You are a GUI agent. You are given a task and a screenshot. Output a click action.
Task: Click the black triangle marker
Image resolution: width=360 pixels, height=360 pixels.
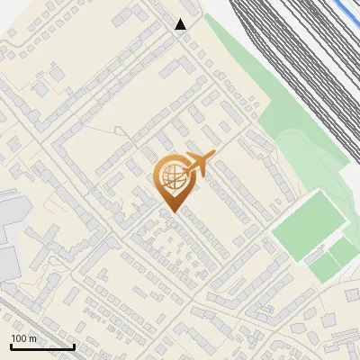pyautogui.click(x=181, y=24)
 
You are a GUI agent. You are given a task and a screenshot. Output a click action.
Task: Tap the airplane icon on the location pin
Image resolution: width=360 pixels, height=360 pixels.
pyautogui.click(x=197, y=165)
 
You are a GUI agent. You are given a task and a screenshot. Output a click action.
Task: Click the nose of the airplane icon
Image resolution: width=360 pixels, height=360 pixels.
pyautogui.click(x=213, y=156)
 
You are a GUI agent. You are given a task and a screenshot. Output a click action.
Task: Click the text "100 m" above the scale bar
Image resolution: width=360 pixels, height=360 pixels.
pyautogui.click(x=23, y=339)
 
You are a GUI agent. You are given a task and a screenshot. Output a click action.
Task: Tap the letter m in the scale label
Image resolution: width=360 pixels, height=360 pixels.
pyautogui.click(x=33, y=339)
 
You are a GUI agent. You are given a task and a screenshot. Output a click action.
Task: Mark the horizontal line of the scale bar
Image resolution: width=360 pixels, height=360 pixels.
pyautogui.click(x=42, y=347)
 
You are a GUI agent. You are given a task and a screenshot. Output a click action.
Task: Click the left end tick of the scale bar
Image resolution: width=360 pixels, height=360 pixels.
pyautogui.click(x=11, y=346)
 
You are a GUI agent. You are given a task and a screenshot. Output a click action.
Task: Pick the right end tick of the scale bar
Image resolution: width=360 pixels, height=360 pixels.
pyautogui.click(x=74, y=346)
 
